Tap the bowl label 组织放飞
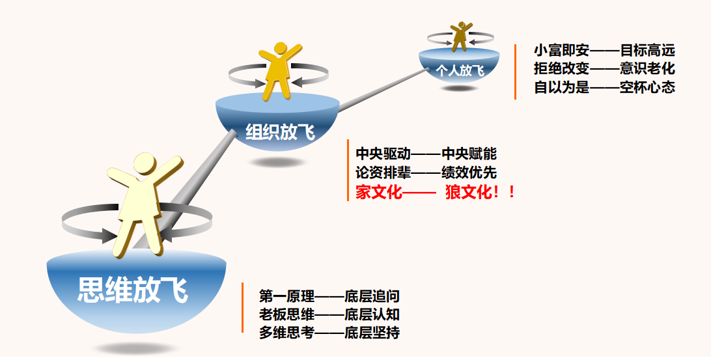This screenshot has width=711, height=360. [280, 132]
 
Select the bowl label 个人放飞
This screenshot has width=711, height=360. [460, 71]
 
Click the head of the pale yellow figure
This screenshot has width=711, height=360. [145, 163]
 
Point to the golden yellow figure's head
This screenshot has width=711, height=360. [281, 48]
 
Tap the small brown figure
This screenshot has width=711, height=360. [461, 36]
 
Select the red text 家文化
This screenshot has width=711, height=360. [379, 192]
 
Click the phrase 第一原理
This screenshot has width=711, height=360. [286, 296]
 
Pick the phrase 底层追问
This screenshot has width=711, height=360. [372, 296]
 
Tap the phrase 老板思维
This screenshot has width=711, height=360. [286, 314]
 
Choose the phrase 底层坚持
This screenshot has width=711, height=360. [372, 333]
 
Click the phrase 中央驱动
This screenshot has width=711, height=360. [383, 154]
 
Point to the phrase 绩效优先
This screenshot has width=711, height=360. [469, 173]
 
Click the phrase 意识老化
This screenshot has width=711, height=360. [647, 68]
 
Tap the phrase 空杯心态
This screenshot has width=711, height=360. [647, 87]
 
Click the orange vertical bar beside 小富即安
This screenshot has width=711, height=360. [515, 72]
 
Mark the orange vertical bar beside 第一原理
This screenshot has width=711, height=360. [243, 307]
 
